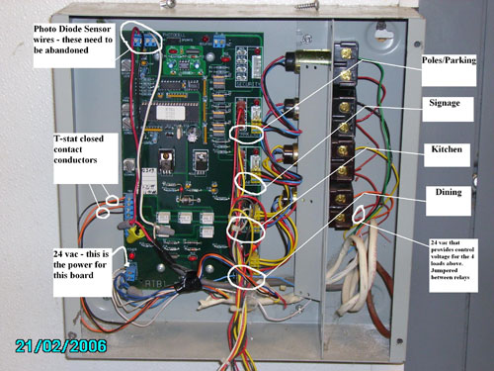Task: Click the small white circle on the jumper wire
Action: pos(359,213)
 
